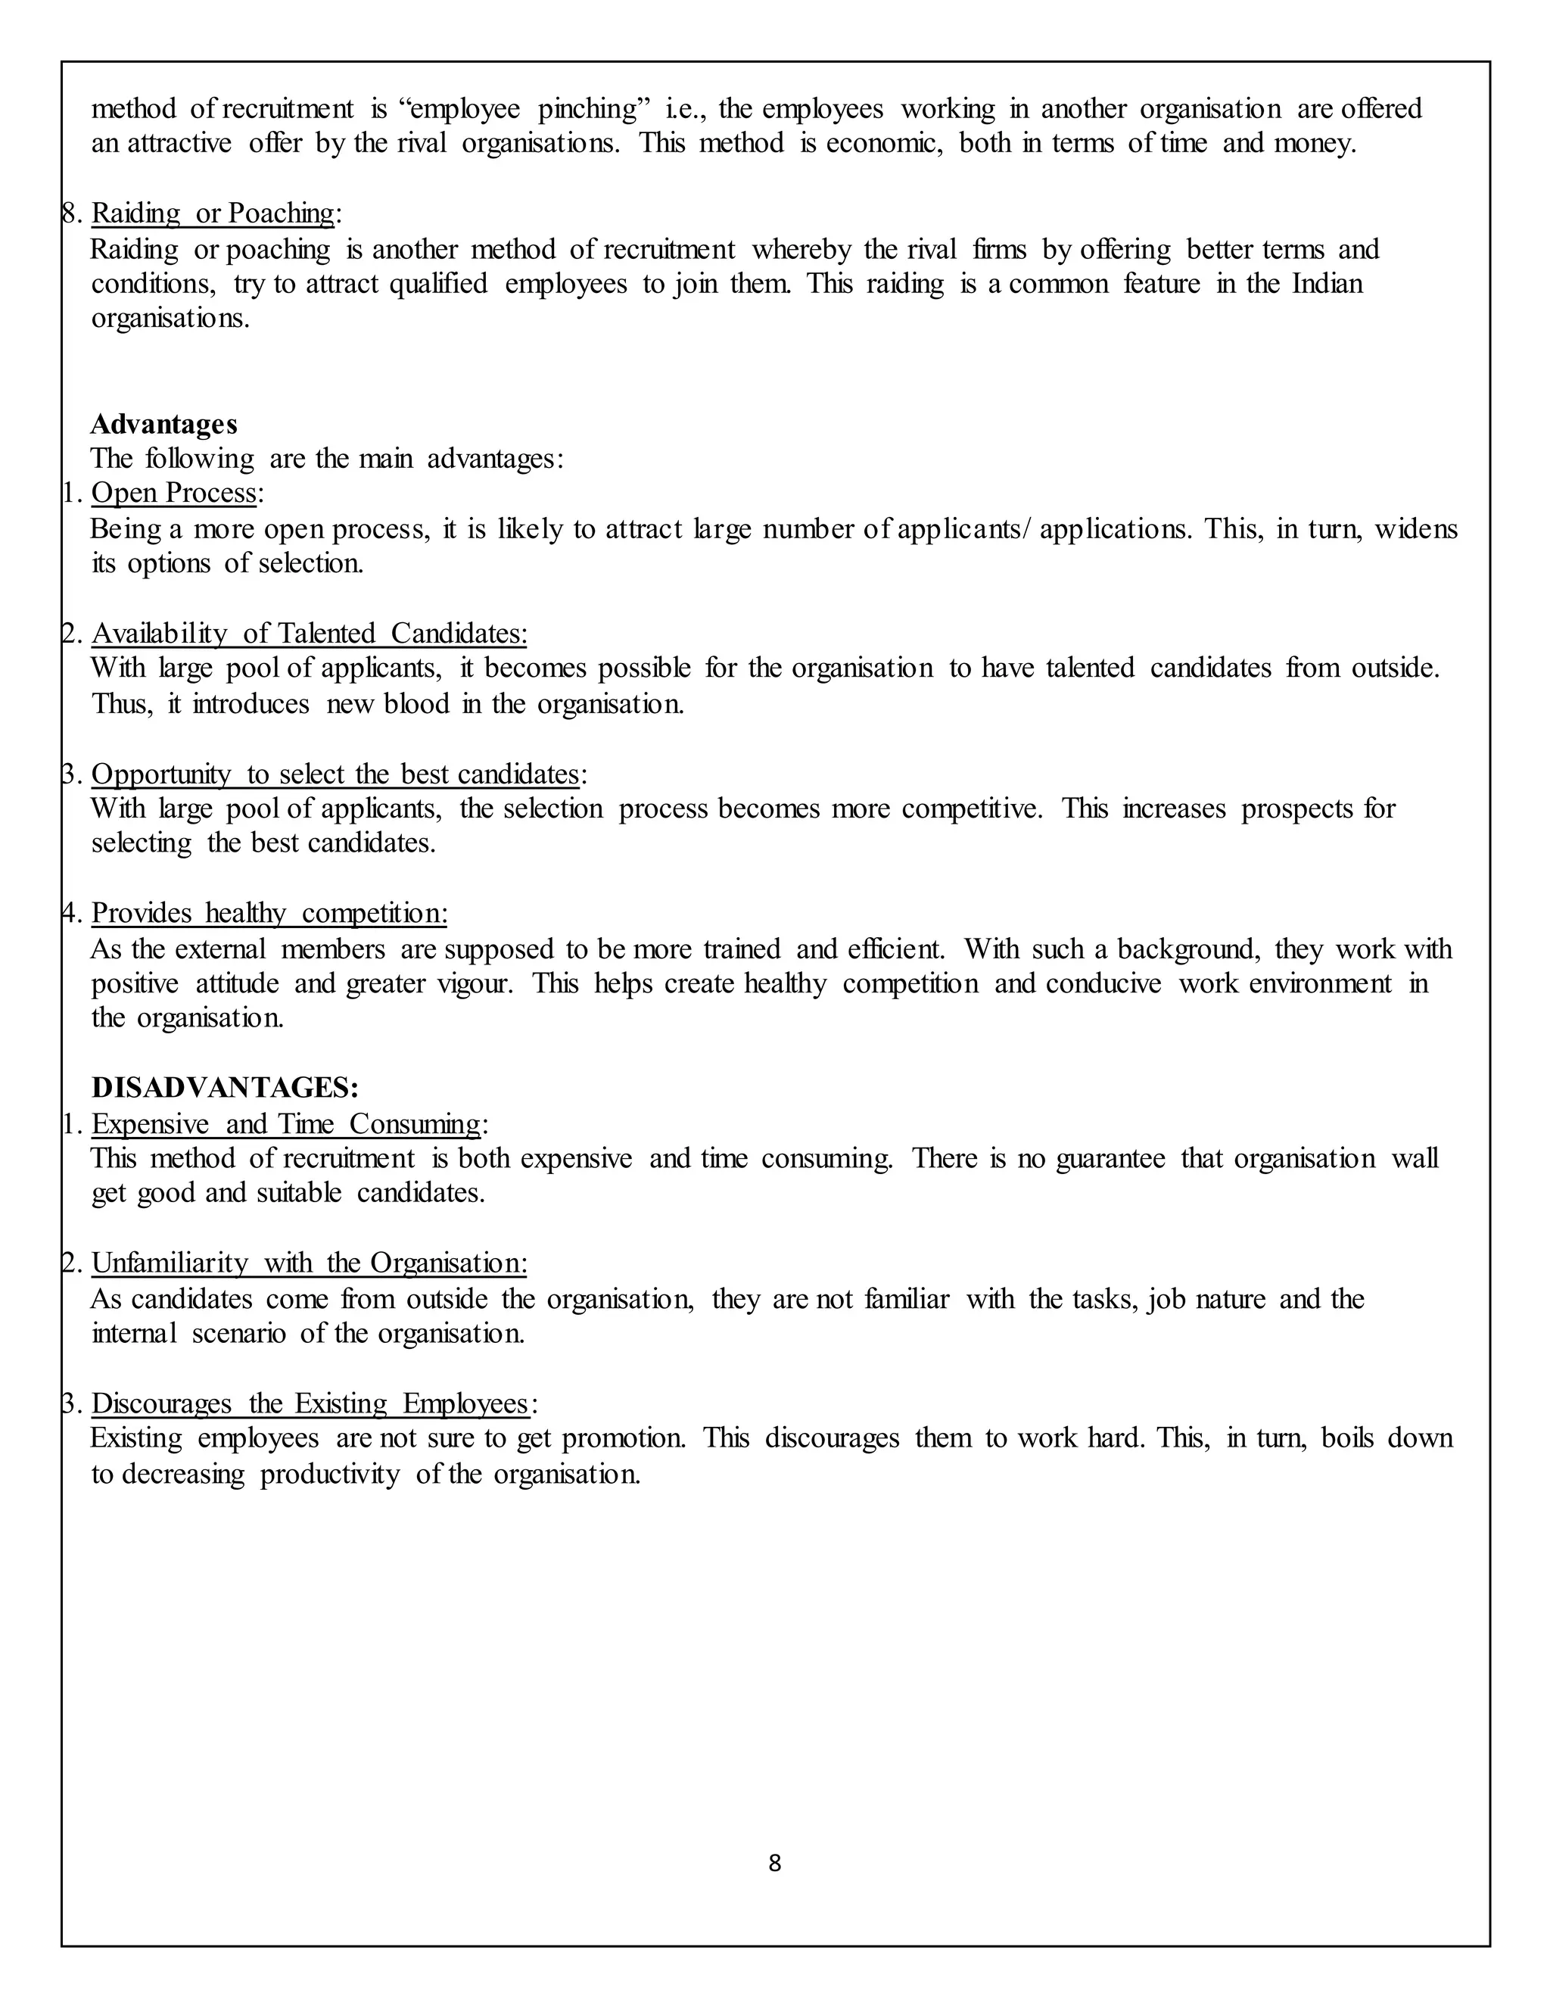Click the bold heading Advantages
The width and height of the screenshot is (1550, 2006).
click(163, 425)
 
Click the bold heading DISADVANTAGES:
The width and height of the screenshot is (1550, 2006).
click(225, 1088)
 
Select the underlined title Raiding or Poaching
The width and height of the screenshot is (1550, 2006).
click(213, 213)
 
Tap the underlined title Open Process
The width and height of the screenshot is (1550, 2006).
click(173, 494)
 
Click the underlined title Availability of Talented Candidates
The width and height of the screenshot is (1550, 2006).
click(309, 634)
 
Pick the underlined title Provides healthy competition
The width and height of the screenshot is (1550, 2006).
click(269, 913)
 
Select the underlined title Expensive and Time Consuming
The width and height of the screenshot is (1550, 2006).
click(285, 1124)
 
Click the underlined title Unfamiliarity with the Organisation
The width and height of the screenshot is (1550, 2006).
click(309, 1264)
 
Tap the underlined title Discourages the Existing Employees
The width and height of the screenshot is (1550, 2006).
click(310, 1403)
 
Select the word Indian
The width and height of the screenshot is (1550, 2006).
click(1327, 284)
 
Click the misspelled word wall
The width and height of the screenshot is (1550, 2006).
click(1414, 1159)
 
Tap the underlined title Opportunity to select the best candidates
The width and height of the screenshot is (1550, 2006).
click(335, 774)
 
